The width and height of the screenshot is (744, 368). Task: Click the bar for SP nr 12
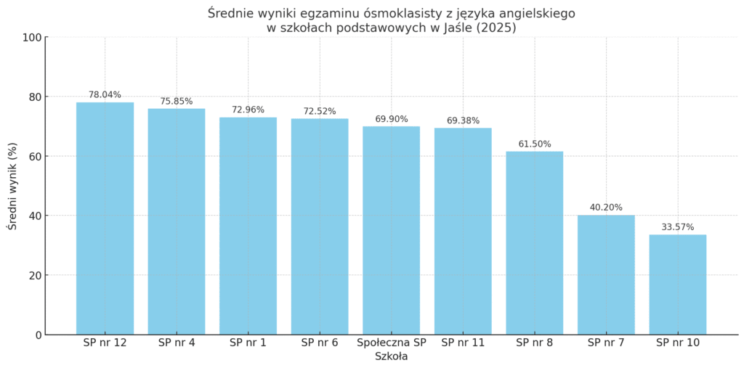pos(105,218)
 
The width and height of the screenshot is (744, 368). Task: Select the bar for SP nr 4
pos(177,221)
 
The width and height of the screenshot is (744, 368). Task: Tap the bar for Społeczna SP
pos(392,230)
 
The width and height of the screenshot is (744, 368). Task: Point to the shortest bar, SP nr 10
pos(678,285)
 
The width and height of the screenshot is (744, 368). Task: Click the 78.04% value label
pos(105,94)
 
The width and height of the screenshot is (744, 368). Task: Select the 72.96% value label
pos(248,110)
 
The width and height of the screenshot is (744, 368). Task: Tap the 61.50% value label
pos(535,144)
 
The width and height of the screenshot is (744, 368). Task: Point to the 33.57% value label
pos(678,227)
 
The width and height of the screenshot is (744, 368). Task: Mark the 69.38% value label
pos(463,120)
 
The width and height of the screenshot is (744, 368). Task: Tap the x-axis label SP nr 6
pos(320,343)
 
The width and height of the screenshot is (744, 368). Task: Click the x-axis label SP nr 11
pos(463,343)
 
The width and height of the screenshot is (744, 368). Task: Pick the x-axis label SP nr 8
pos(535,343)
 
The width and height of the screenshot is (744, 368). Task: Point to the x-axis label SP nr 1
pos(248,343)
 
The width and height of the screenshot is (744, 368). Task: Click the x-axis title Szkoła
pos(391,356)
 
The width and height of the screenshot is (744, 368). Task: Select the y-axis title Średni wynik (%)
pos(12,186)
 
